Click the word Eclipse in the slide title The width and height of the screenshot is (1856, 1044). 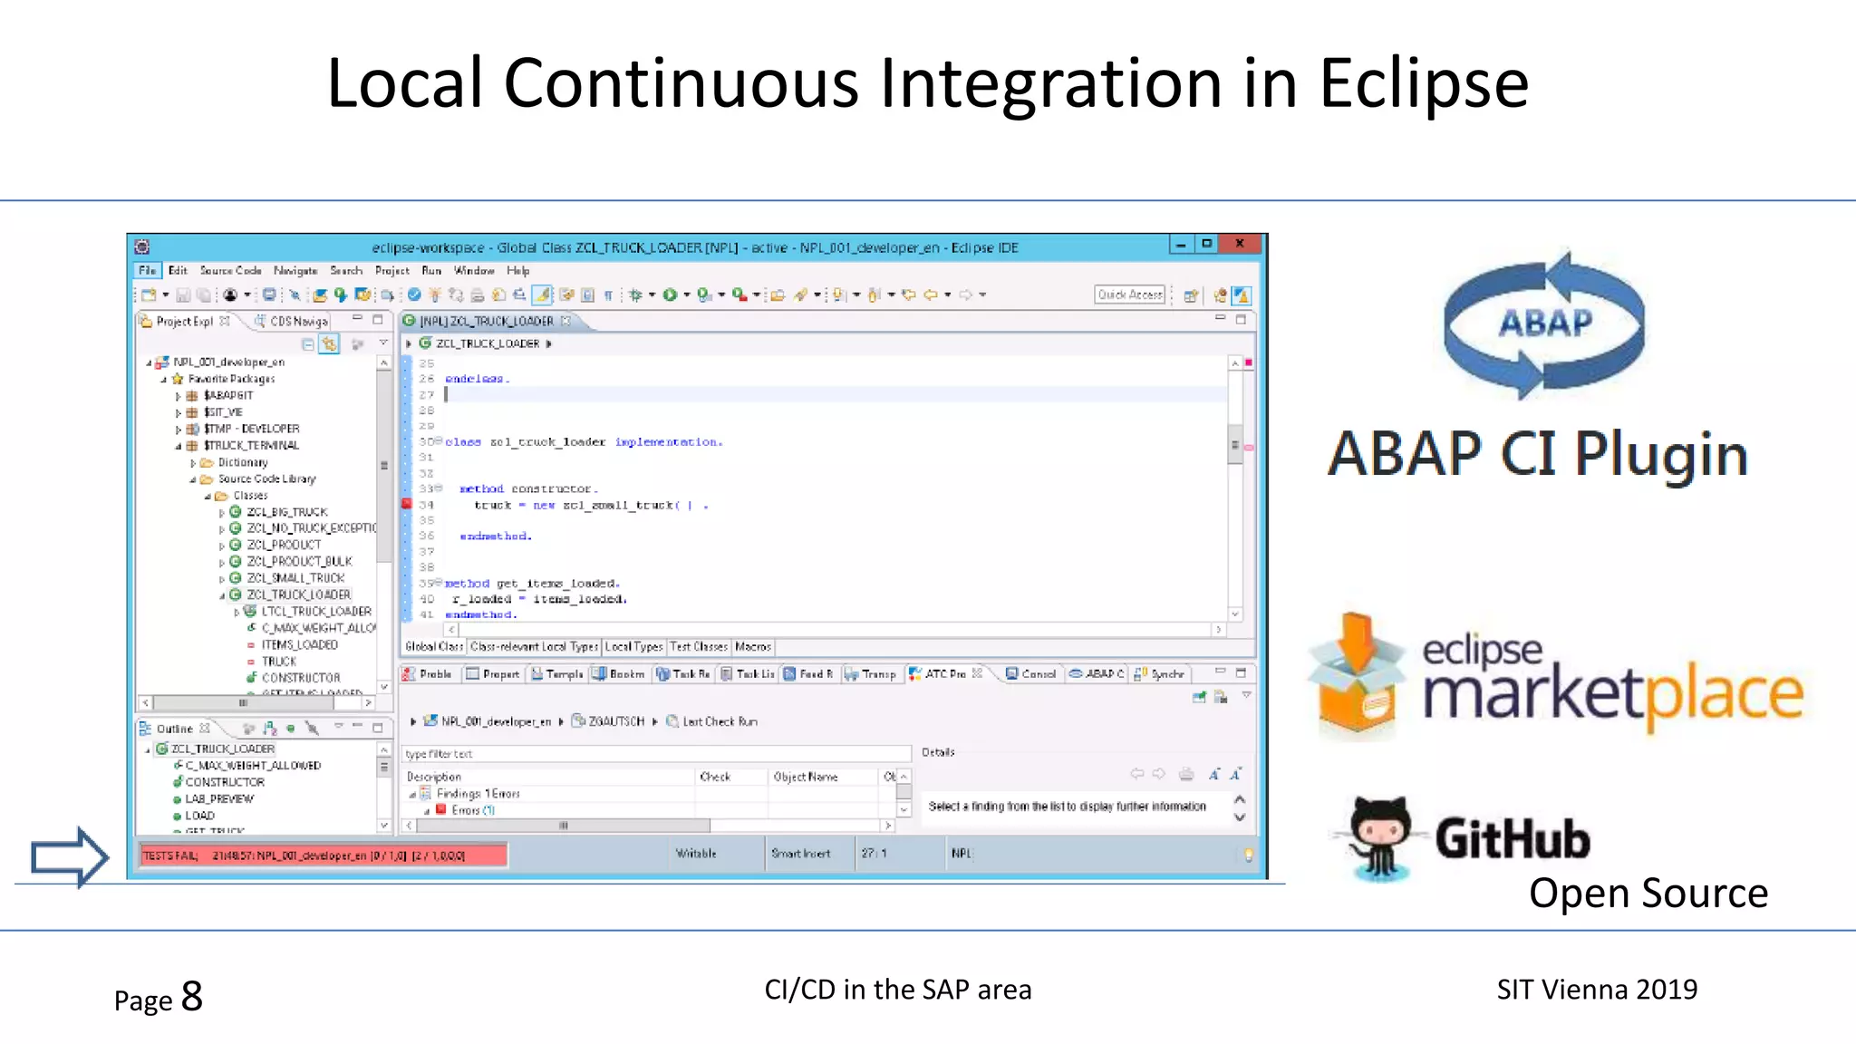pos(1423,83)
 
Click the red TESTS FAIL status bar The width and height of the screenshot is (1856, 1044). pos(322,855)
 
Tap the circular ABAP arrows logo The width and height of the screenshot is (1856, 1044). pos(1544,324)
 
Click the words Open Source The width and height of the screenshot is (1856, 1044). pos(1648,894)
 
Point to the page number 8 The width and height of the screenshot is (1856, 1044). pos(192,997)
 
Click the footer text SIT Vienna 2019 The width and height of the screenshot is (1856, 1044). pos(1597,990)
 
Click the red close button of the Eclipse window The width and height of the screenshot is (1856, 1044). pos(1239,244)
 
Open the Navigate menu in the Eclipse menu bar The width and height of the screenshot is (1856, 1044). pos(295,271)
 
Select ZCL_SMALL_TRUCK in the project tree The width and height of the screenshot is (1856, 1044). pos(295,578)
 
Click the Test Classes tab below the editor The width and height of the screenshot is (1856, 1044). pos(698,647)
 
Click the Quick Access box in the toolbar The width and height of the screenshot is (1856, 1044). pos(1129,295)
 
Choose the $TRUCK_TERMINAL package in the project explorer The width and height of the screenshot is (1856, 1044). pos(251,446)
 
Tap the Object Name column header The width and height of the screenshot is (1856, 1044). pos(805,778)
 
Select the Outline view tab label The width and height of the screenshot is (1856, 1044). pos(174,729)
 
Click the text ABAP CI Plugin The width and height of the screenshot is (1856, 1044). pos(1537,455)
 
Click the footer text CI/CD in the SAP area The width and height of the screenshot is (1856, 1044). pos(897,990)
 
